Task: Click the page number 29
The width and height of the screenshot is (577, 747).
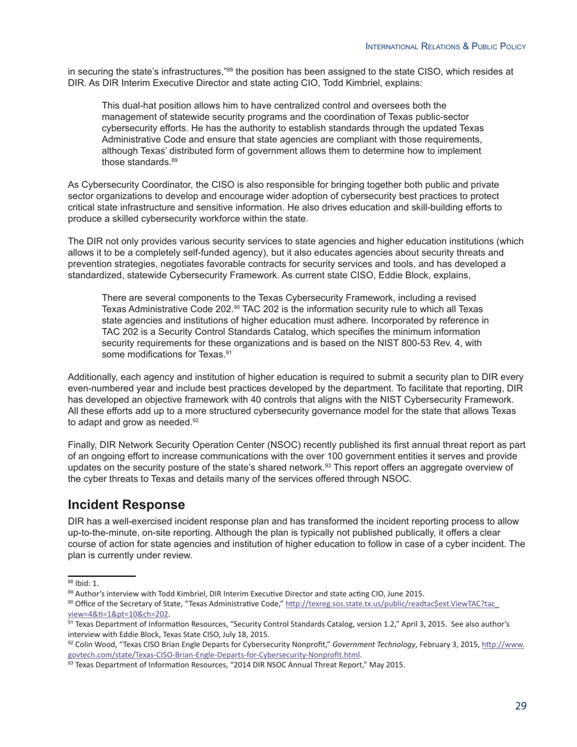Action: (521, 706)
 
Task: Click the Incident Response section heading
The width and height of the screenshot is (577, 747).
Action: (126, 505)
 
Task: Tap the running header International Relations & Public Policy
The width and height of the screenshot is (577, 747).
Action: (445, 46)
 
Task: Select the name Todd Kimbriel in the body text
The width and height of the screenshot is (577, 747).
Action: (349, 83)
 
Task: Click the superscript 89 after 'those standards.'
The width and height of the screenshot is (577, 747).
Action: (174, 160)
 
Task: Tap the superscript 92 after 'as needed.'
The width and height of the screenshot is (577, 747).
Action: (196, 420)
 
